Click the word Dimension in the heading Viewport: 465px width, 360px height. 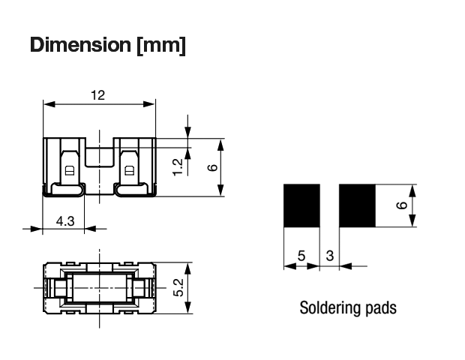80,45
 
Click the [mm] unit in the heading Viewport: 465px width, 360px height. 161,45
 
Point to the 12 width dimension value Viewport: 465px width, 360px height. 97,95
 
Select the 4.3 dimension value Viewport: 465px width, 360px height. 65,221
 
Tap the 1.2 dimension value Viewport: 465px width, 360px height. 178,167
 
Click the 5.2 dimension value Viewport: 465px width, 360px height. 178,287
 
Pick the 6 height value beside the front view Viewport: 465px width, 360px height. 212,167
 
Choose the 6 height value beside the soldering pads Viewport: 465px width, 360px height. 402,205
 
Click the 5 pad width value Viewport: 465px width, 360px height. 301,256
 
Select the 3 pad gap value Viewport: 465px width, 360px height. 330,256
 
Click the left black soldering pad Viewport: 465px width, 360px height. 301,205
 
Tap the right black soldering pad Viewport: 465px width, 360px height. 357,205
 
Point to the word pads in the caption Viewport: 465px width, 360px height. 381,307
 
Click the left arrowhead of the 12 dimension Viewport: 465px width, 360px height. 49,104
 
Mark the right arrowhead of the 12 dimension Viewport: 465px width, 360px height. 149,104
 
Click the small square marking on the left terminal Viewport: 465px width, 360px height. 70,171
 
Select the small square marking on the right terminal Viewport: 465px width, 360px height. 130,171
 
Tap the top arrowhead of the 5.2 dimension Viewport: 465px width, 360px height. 187,269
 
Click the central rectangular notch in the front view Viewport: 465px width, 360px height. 100,157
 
